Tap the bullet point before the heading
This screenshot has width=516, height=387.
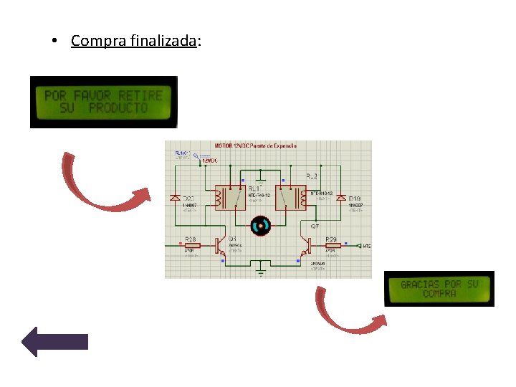(54, 42)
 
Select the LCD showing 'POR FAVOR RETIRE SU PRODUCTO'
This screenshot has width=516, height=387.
(103, 102)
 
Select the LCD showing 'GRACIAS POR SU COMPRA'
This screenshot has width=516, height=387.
(439, 289)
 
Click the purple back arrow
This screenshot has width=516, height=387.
(55, 342)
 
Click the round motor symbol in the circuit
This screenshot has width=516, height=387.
(259, 226)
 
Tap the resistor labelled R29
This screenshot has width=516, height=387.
(332, 246)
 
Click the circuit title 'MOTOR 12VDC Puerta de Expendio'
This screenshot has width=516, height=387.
(256, 145)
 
